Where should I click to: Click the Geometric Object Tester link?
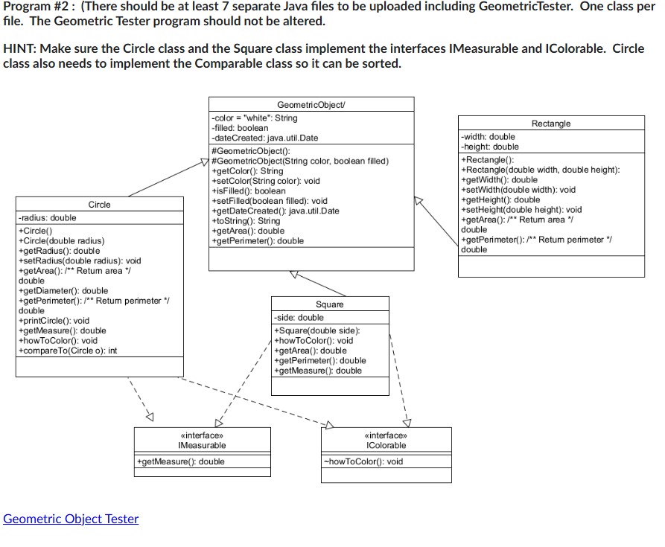(x=71, y=519)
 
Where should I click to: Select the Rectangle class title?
(x=551, y=124)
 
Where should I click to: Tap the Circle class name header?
(x=99, y=205)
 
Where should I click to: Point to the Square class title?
(x=330, y=304)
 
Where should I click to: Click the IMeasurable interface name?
(x=202, y=445)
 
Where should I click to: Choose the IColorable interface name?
(x=386, y=445)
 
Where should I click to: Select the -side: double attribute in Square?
(x=299, y=318)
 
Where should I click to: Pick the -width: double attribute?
(x=488, y=137)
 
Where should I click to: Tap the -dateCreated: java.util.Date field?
(x=265, y=138)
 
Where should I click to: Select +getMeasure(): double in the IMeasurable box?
(x=180, y=461)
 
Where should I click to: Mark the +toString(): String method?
(x=246, y=221)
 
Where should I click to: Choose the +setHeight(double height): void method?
(x=522, y=210)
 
